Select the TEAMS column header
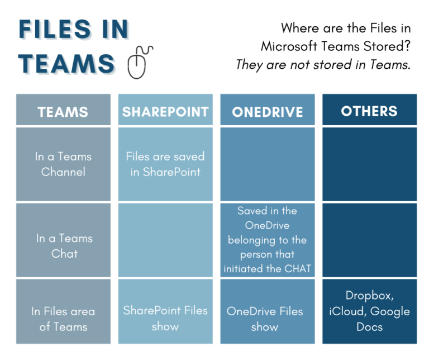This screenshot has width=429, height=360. pos(63,111)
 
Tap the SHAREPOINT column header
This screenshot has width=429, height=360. pos(165,111)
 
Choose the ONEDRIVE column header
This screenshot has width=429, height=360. pos(267,111)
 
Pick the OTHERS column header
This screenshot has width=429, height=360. pos(369,110)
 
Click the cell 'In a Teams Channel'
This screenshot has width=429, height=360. pos(63,164)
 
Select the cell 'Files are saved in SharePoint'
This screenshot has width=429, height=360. pos(165,164)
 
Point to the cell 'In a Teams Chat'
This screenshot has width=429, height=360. pos(63,245)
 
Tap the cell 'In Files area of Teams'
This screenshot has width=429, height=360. pos(63,319)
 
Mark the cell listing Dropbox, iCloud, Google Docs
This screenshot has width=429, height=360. pos(369,311)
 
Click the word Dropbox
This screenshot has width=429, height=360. pos(369,296)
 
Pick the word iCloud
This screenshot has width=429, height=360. pos(347,311)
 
